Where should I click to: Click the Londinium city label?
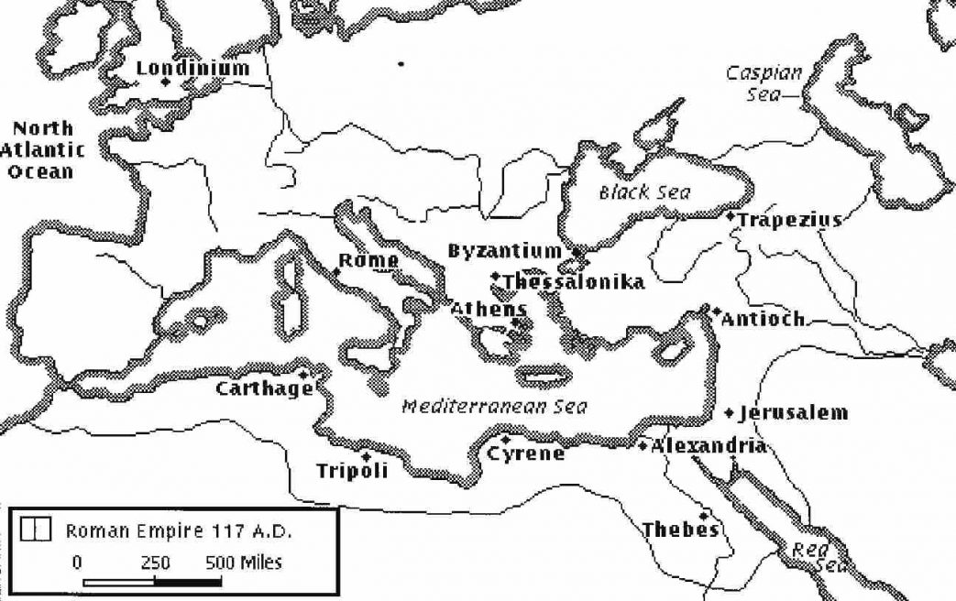192,68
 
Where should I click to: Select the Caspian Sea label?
764,82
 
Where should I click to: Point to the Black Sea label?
644,192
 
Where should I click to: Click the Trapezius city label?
789,220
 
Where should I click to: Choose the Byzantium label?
504,251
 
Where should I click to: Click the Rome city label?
368,261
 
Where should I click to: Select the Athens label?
489,310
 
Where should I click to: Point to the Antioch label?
763,320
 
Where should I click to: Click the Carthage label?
264,389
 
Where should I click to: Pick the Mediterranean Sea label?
495,407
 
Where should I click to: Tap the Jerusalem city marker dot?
730,413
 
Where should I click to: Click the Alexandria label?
708,446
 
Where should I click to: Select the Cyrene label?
525,453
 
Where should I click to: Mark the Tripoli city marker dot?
367,456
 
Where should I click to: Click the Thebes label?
680,530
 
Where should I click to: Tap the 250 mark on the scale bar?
155,563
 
